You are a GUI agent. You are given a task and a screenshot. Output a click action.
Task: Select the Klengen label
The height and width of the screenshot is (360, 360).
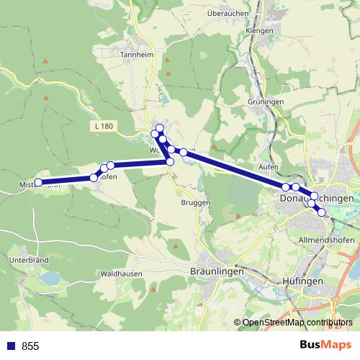click(259, 31)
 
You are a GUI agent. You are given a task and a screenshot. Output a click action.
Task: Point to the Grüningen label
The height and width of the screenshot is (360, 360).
click(266, 102)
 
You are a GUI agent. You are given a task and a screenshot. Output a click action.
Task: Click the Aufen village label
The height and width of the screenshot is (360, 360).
click(268, 167)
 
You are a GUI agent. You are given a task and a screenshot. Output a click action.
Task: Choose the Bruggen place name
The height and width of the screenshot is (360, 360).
click(196, 202)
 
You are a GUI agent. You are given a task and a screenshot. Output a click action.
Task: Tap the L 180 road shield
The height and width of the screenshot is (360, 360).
click(103, 127)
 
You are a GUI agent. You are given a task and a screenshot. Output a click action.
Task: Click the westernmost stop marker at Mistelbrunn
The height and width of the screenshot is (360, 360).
click(39, 183)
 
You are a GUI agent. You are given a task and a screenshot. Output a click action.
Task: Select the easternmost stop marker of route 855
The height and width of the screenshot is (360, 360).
click(322, 212)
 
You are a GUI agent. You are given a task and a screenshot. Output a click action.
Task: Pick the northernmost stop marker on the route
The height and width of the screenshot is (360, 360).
click(160, 128)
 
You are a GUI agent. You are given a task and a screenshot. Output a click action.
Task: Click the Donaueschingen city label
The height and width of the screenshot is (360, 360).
click(316, 197)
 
